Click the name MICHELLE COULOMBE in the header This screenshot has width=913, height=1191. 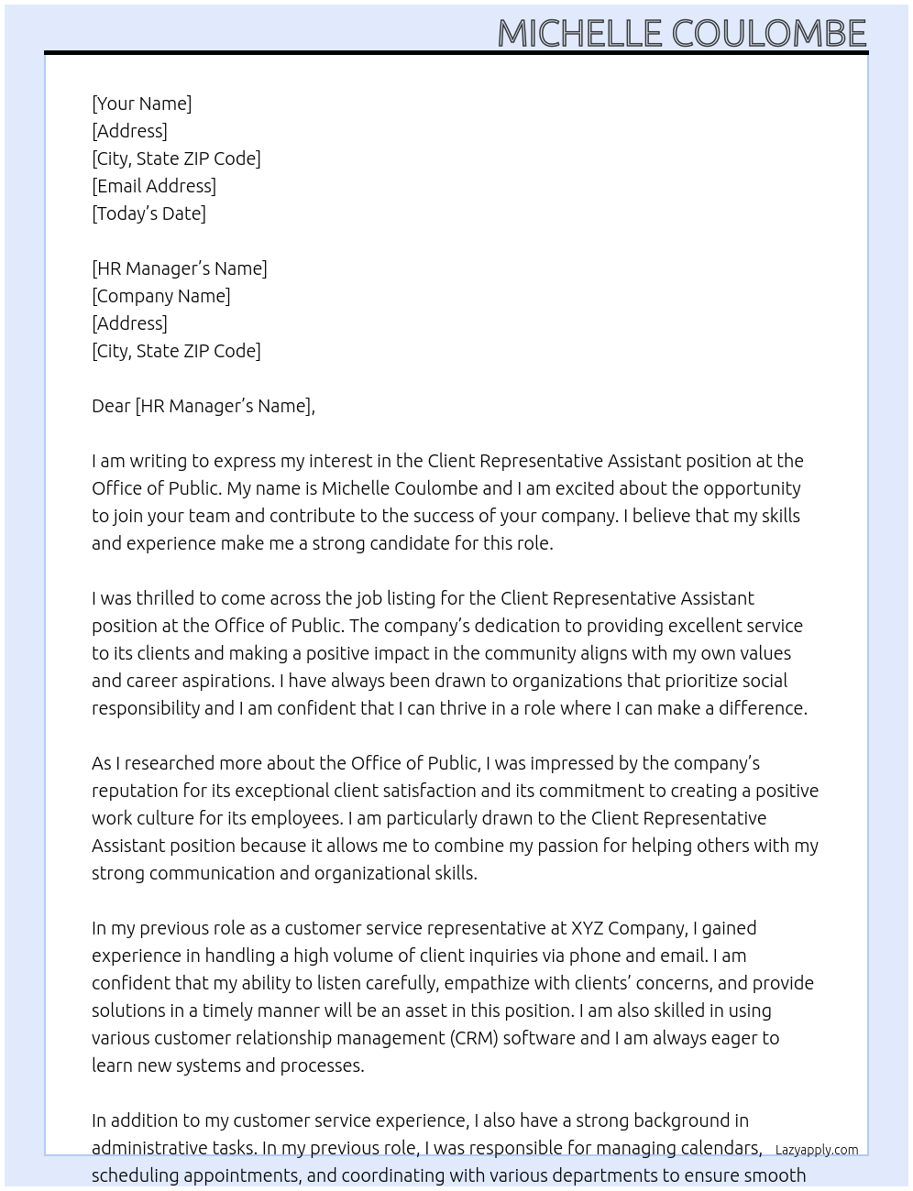pos(681,34)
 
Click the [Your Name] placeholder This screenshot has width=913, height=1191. pos(141,104)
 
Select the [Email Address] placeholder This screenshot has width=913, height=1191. pos(154,186)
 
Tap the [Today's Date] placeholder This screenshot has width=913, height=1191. pos(148,213)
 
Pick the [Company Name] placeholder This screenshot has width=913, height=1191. pos(161,296)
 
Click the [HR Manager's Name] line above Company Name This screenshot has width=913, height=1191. pos(180,268)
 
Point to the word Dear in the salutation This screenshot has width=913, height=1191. pos(111,406)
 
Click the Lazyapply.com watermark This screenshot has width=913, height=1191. pos(817,1150)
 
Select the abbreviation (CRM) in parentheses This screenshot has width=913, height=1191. pos(473,1038)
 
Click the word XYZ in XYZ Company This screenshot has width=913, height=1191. pos(587,928)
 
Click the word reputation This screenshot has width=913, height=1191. pos(137,791)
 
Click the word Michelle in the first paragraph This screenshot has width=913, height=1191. pos(356,488)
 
